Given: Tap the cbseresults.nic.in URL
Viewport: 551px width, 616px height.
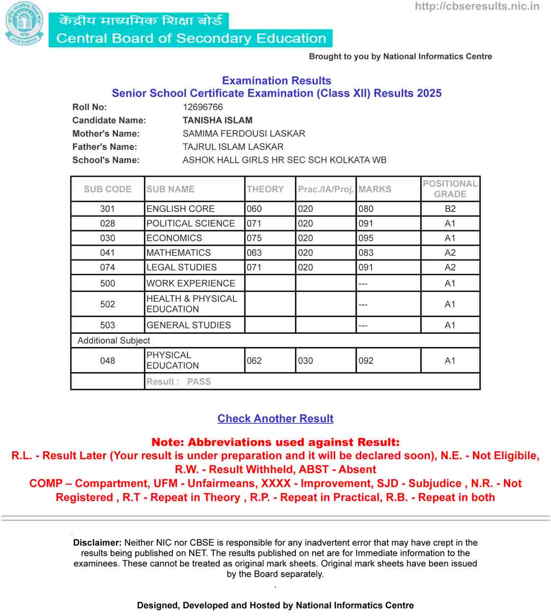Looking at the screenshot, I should [x=477, y=6].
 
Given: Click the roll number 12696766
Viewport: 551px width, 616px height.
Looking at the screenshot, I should [x=203, y=107].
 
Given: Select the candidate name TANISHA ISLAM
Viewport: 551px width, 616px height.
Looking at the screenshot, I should [x=217, y=120].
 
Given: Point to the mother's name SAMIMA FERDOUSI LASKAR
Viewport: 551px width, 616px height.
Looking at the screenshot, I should [x=244, y=134].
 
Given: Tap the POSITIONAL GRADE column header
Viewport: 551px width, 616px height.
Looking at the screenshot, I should [x=450, y=189].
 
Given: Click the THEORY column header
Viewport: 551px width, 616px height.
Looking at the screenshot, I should [x=265, y=189].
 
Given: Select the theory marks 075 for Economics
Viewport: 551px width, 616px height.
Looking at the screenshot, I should [x=254, y=238].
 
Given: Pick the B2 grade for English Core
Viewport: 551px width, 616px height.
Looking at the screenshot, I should [x=450, y=209].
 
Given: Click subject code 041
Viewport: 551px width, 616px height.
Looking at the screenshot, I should [x=107, y=253].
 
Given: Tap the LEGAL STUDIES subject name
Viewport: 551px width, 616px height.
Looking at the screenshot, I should [x=181, y=267].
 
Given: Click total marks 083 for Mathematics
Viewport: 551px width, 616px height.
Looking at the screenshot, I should [x=366, y=253].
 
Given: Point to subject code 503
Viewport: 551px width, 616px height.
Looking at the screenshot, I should [x=107, y=325].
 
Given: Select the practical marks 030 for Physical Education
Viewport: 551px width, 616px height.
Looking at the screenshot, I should [x=305, y=361].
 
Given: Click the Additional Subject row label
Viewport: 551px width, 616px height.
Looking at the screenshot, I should [x=114, y=341].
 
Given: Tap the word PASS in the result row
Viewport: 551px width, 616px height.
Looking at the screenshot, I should [x=199, y=382].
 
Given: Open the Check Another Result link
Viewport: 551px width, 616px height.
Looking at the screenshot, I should [x=275, y=419].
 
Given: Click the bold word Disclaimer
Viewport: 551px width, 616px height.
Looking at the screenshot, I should [x=97, y=543].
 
